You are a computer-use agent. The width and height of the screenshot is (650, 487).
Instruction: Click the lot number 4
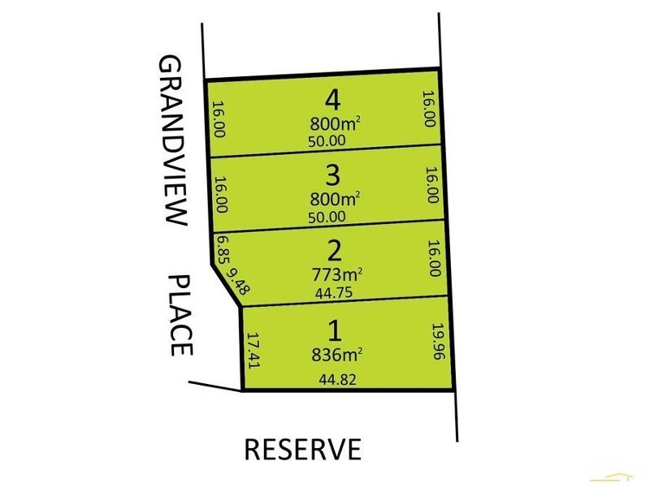click(332, 101)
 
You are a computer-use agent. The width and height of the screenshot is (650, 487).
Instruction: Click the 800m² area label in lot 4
click(335, 124)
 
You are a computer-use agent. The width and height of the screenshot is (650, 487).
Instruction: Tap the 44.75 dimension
click(333, 294)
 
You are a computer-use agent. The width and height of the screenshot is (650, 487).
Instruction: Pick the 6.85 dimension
click(220, 248)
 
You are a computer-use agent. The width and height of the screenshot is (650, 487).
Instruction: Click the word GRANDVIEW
click(172, 140)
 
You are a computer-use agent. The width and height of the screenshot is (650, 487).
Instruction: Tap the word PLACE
click(180, 315)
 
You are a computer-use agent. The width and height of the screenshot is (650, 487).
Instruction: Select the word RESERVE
click(302, 448)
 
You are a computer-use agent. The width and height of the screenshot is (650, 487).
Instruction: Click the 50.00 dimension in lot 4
click(327, 140)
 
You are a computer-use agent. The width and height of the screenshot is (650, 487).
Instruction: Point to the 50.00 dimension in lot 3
click(327, 216)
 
